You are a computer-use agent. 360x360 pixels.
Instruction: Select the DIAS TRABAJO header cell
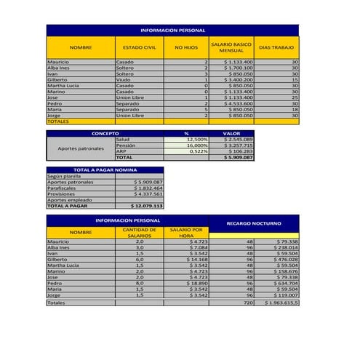pos(276,47)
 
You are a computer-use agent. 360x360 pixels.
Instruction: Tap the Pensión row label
pos(126,145)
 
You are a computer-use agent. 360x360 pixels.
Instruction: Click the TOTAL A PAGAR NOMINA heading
pos(105,169)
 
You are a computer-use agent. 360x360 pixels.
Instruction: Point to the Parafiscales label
pos(63,188)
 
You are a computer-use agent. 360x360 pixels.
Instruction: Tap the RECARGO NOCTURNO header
pos(253,223)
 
